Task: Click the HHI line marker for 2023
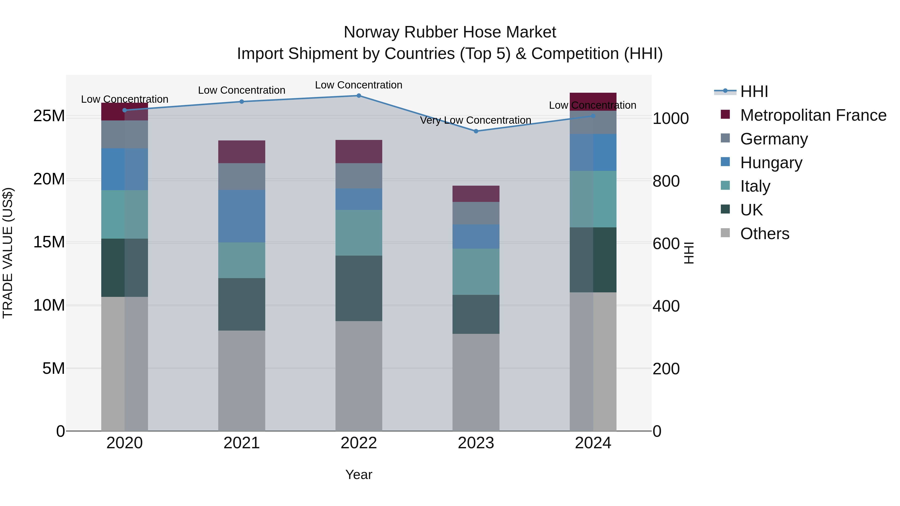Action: click(475, 131)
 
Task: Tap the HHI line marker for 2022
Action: click(358, 95)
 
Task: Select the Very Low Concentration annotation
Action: click(475, 120)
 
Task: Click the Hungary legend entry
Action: click(771, 163)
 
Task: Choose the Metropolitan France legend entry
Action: click(813, 115)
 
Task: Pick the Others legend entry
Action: click(764, 234)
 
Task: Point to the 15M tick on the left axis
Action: click(49, 242)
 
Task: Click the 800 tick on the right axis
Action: click(666, 181)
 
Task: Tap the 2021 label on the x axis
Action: click(241, 443)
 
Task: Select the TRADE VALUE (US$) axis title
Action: click(8, 253)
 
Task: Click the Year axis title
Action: click(358, 475)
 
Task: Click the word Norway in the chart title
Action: click(372, 32)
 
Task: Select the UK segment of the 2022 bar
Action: click(358, 288)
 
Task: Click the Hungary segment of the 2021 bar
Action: click(241, 216)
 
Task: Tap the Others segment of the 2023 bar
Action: click(475, 382)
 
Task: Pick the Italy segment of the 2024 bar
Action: click(593, 199)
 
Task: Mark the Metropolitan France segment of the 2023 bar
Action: click(475, 194)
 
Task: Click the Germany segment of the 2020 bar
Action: click(124, 134)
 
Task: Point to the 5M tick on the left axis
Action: click(53, 368)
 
